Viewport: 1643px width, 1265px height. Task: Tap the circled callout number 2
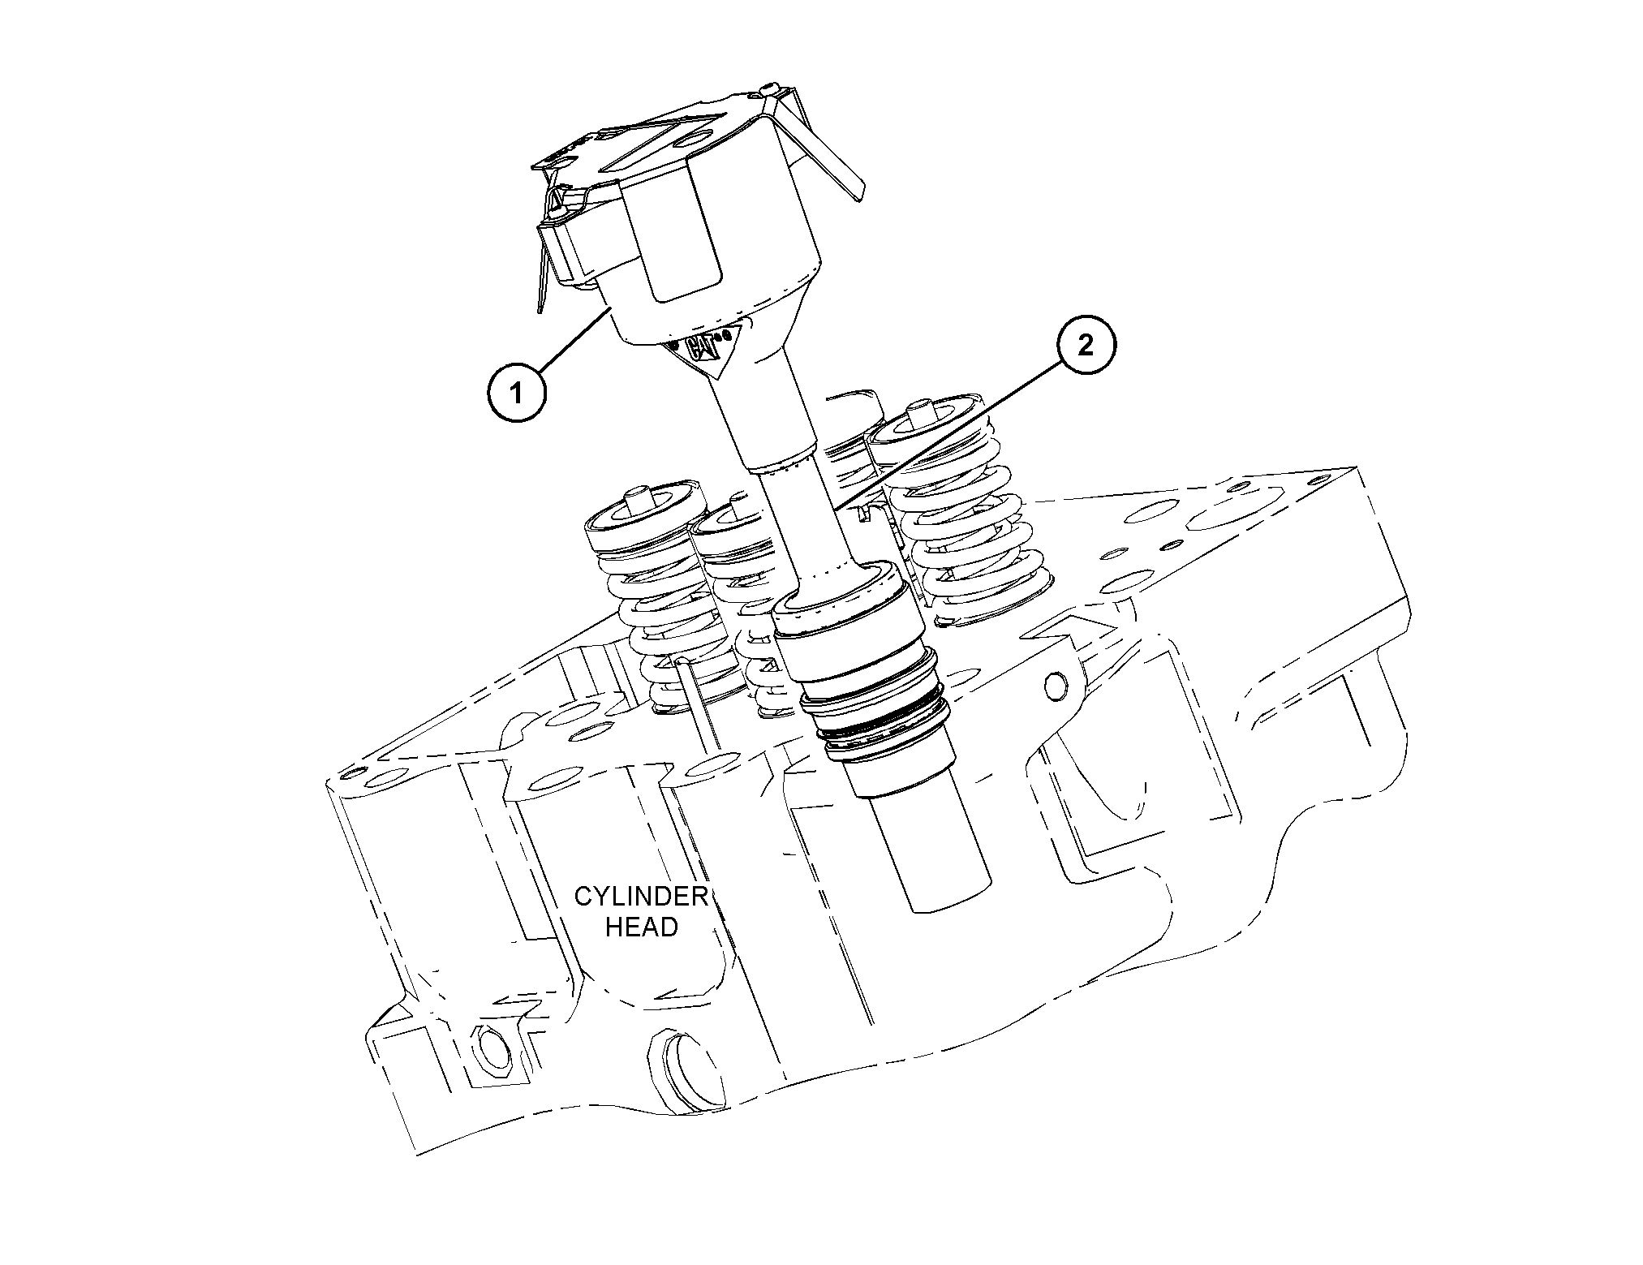(1085, 346)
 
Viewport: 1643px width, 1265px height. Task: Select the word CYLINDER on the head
(641, 897)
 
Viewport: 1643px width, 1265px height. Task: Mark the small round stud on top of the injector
(769, 88)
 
